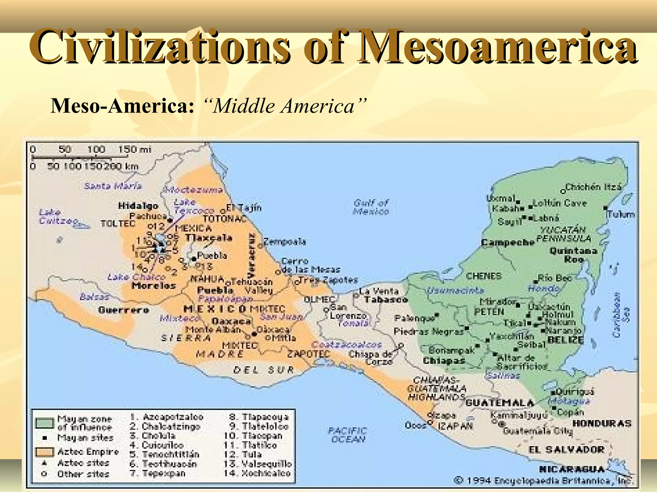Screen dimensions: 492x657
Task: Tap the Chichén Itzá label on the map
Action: (593, 187)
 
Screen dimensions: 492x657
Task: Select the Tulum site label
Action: (621, 214)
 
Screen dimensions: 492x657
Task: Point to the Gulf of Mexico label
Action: (371, 207)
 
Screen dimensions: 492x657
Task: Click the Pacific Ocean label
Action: (348, 435)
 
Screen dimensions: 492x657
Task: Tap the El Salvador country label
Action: (567, 450)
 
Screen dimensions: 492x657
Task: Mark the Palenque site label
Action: (414, 318)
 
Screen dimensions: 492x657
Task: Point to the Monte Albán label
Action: (213, 330)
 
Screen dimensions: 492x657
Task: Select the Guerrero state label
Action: (124, 310)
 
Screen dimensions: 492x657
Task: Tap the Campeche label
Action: (508, 242)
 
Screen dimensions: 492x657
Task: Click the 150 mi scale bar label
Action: (134, 150)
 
